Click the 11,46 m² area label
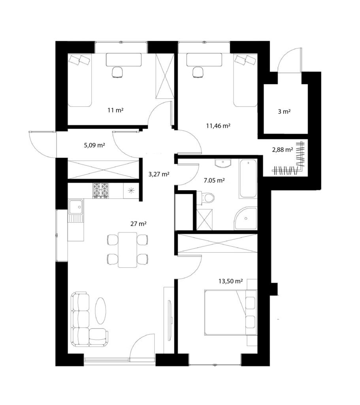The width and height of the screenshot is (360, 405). [218, 126]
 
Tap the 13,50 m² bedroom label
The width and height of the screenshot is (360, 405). [230, 281]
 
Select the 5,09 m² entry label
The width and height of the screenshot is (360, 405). [94, 145]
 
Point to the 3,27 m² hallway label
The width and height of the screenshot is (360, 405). [159, 174]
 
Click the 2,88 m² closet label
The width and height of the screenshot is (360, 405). [282, 150]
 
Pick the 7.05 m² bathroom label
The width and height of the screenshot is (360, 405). [214, 180]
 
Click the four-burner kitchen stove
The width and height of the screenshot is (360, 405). [100, 190]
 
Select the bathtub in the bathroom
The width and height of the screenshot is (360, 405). [248, 178]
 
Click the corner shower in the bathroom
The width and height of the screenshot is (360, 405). [246, 218]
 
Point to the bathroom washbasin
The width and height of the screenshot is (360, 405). [223, 163]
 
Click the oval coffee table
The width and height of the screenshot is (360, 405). [100, 311]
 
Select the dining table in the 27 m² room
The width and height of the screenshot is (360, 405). [128, 250]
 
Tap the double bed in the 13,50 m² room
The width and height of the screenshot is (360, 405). [231, 312]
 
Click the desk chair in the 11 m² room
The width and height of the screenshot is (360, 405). [117, 72]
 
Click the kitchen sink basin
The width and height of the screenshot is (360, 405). [75, 206]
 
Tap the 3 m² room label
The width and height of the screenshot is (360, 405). [284, 112]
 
